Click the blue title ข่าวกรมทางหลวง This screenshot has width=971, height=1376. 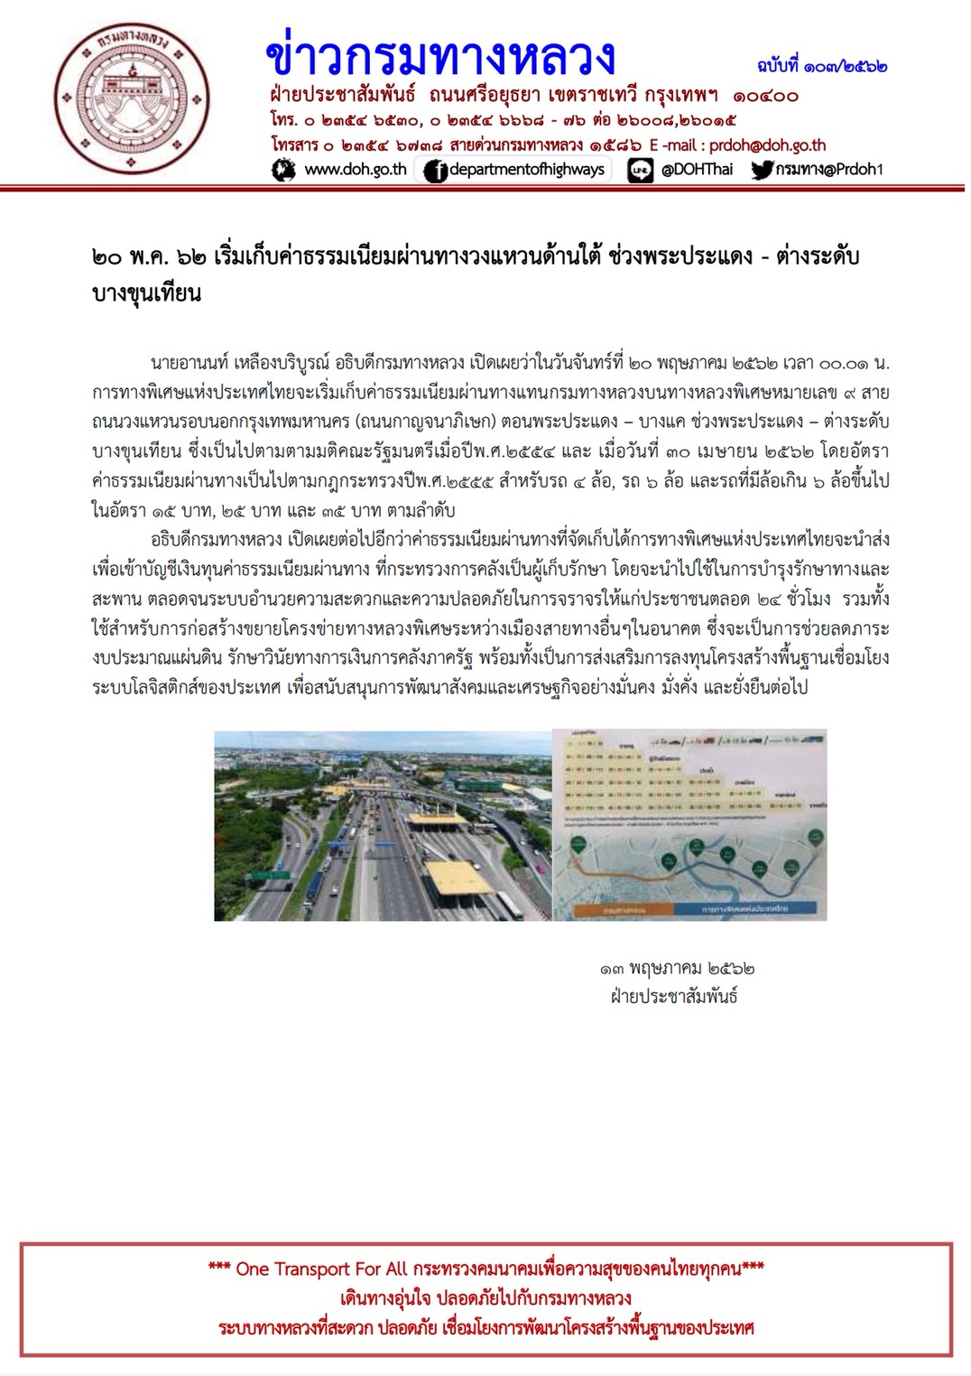440,56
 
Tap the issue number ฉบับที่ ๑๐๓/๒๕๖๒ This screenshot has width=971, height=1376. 821,66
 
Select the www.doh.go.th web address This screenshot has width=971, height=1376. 356,169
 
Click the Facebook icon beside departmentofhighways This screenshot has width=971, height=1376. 436,170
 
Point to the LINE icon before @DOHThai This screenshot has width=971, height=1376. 640,170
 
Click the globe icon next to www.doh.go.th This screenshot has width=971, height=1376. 284,169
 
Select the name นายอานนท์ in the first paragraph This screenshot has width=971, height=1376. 190,364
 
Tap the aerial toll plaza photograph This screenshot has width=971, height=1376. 382,825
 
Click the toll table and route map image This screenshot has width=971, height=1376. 689,825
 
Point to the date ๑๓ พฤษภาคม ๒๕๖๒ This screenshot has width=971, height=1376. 676,969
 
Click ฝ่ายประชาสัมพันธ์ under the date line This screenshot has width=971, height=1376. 674,998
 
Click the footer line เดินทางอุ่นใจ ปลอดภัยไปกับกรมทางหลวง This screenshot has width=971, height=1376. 485,1298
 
